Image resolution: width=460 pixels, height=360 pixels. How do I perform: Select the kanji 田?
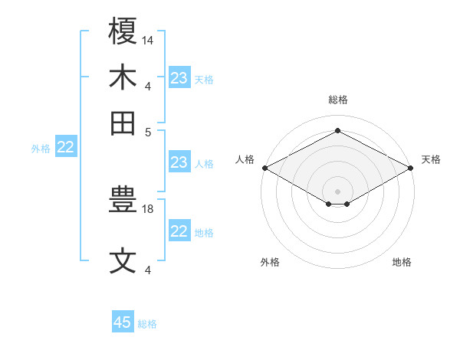[x=123, y=123]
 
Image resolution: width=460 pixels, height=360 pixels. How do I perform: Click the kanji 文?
[x=123, y=261]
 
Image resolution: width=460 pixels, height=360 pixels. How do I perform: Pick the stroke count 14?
[x=148, y=39]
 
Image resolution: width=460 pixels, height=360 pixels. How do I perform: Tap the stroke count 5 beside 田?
[x=148, y=131]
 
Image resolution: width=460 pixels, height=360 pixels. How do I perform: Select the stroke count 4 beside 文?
[x=148, y=270]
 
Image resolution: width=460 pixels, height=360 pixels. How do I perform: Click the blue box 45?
[x=123, y=322]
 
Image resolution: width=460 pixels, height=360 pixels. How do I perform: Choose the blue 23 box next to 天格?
[x=179, y=78]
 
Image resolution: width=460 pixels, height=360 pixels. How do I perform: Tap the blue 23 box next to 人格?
[x=179, y=162]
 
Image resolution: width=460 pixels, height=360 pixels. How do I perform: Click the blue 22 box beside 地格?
[x=179, y=231]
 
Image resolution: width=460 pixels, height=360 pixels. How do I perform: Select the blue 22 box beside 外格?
[x=66, y=148]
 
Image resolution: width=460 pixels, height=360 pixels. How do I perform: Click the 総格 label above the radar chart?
[x=338, y=100]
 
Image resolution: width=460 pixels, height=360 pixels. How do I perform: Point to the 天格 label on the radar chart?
[x=431, y=159]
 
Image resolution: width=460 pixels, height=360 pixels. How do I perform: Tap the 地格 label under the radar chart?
[x=402, y=262]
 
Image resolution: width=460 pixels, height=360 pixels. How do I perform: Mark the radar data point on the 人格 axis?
[x=264, y=168]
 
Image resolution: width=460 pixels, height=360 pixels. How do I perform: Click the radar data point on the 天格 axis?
[x=412, y=168]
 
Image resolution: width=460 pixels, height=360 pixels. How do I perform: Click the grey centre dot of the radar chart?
[x=338, y=191]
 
